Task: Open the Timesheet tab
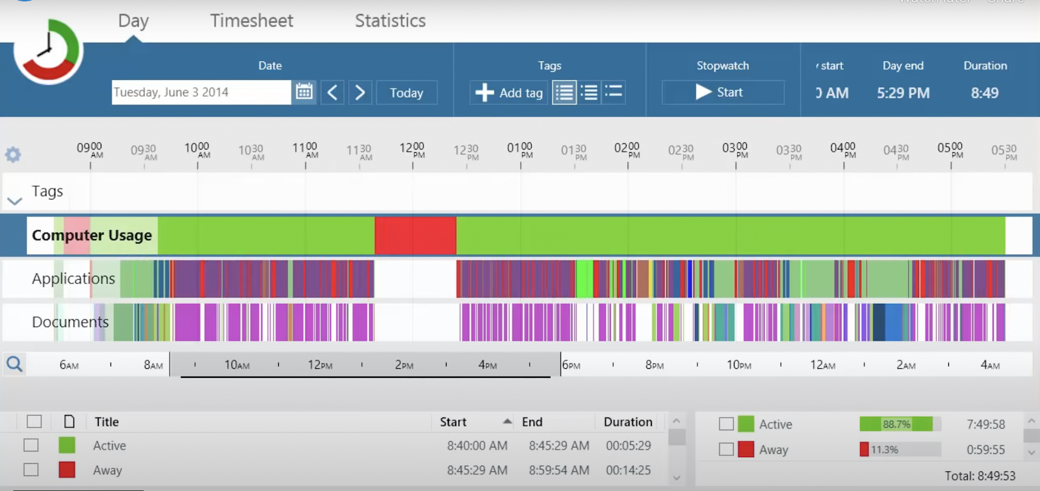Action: point(252,21)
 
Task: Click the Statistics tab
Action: point(390,21)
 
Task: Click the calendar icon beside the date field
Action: point(304,92)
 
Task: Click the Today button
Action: point(406,92)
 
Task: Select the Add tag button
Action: point(509,92)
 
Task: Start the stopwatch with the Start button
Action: point(722,92)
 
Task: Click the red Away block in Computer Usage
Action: point(415,235)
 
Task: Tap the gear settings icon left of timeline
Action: point(13,154)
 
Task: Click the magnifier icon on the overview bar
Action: point(14,364)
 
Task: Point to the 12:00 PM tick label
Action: point(412,150)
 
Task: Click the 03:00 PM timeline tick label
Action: point(735,150)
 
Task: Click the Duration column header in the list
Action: point(627,422)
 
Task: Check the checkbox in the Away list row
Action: point(31,470)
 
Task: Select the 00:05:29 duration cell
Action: point(628,446)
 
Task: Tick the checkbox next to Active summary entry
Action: point(726,424)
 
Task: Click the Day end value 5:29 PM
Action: point(903,93)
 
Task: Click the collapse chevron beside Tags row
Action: point(14,201)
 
